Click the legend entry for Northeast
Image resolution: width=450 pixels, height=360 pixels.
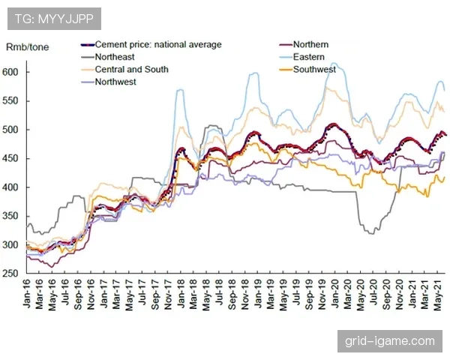coord(119,57)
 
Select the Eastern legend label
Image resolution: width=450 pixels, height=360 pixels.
coord(310,57)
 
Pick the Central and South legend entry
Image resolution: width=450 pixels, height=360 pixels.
coord(132,69)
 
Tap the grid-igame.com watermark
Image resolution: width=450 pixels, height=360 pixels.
coord(389,341)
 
